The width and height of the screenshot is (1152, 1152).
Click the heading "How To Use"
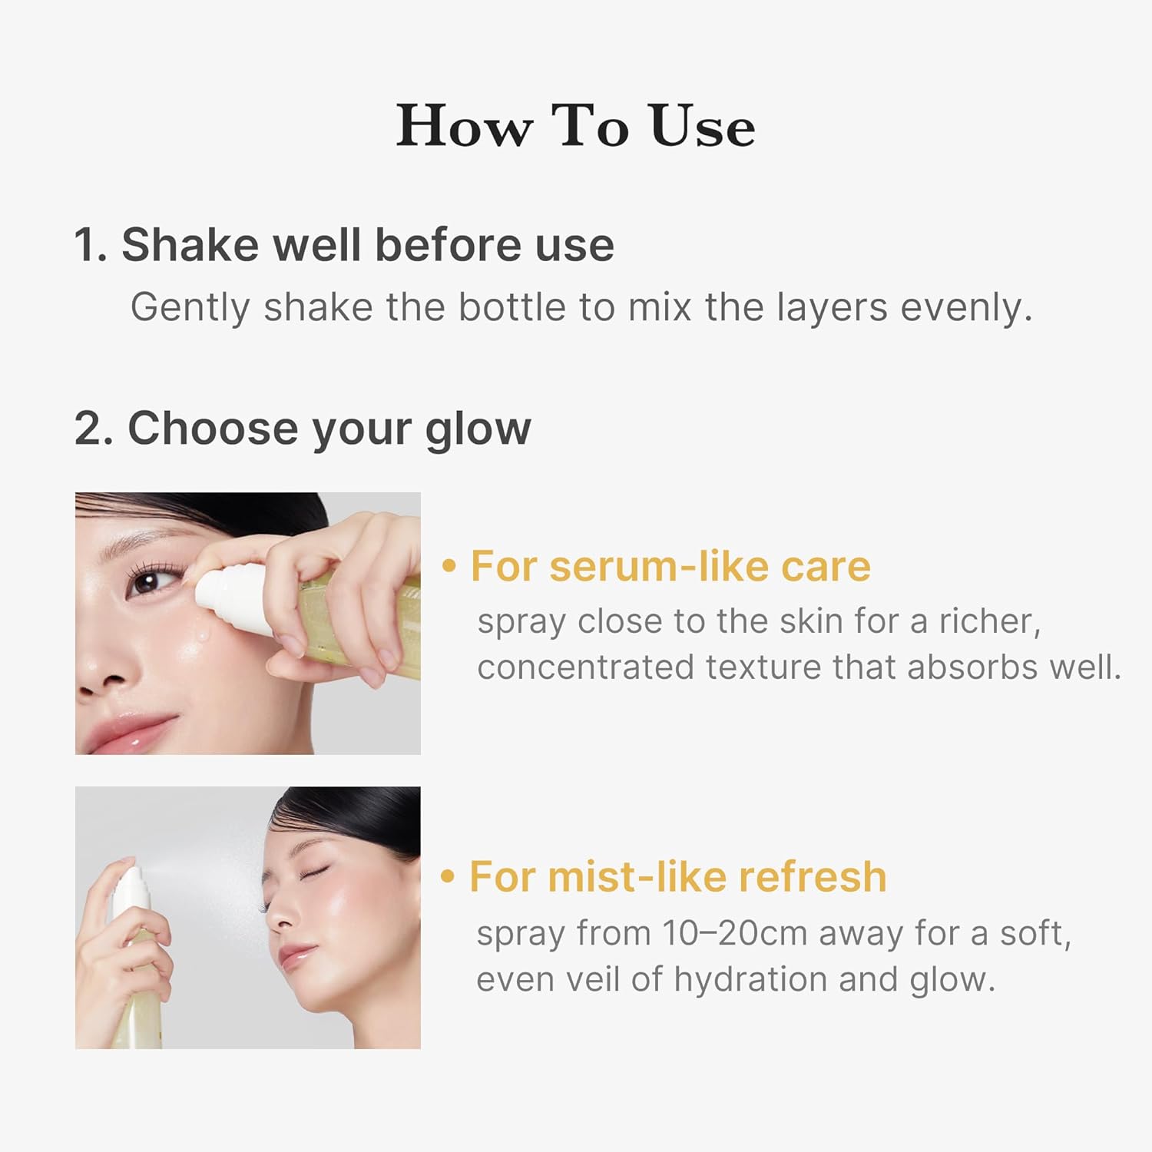point(575,126)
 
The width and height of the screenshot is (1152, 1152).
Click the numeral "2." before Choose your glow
point(94,428)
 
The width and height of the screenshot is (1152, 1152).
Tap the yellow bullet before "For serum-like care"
point(449,567)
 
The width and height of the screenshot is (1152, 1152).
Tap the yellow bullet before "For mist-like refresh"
point(448,877)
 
